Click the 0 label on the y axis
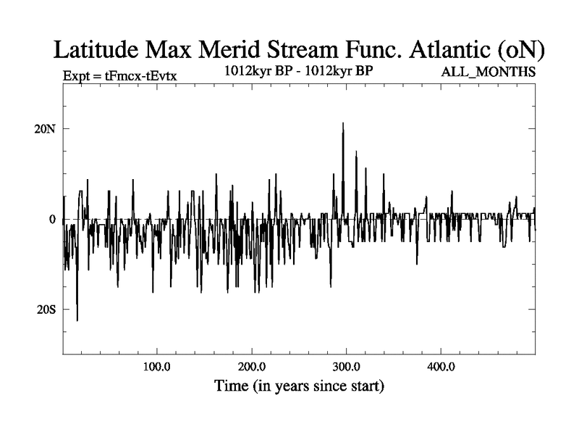click(x=52, y=219)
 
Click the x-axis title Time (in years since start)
click(x=299, y=386)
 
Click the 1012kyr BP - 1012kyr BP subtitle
click(x=299, y=71)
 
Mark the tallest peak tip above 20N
click(x=343, y=123)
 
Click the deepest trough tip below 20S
click(x=77, y=320)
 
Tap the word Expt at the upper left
click(x=77, y=74)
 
